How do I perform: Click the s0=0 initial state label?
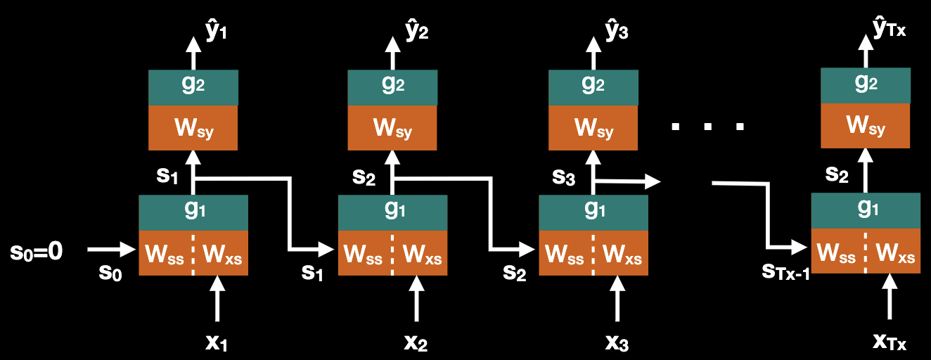[x=37, y=251]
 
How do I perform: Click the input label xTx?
[x=889, y=342]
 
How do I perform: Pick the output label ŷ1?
[x=216, y=32]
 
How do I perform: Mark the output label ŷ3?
[x=617, y=32]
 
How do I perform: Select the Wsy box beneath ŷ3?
[x=593, y=128]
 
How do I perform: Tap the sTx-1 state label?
[x=785, y=271]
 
